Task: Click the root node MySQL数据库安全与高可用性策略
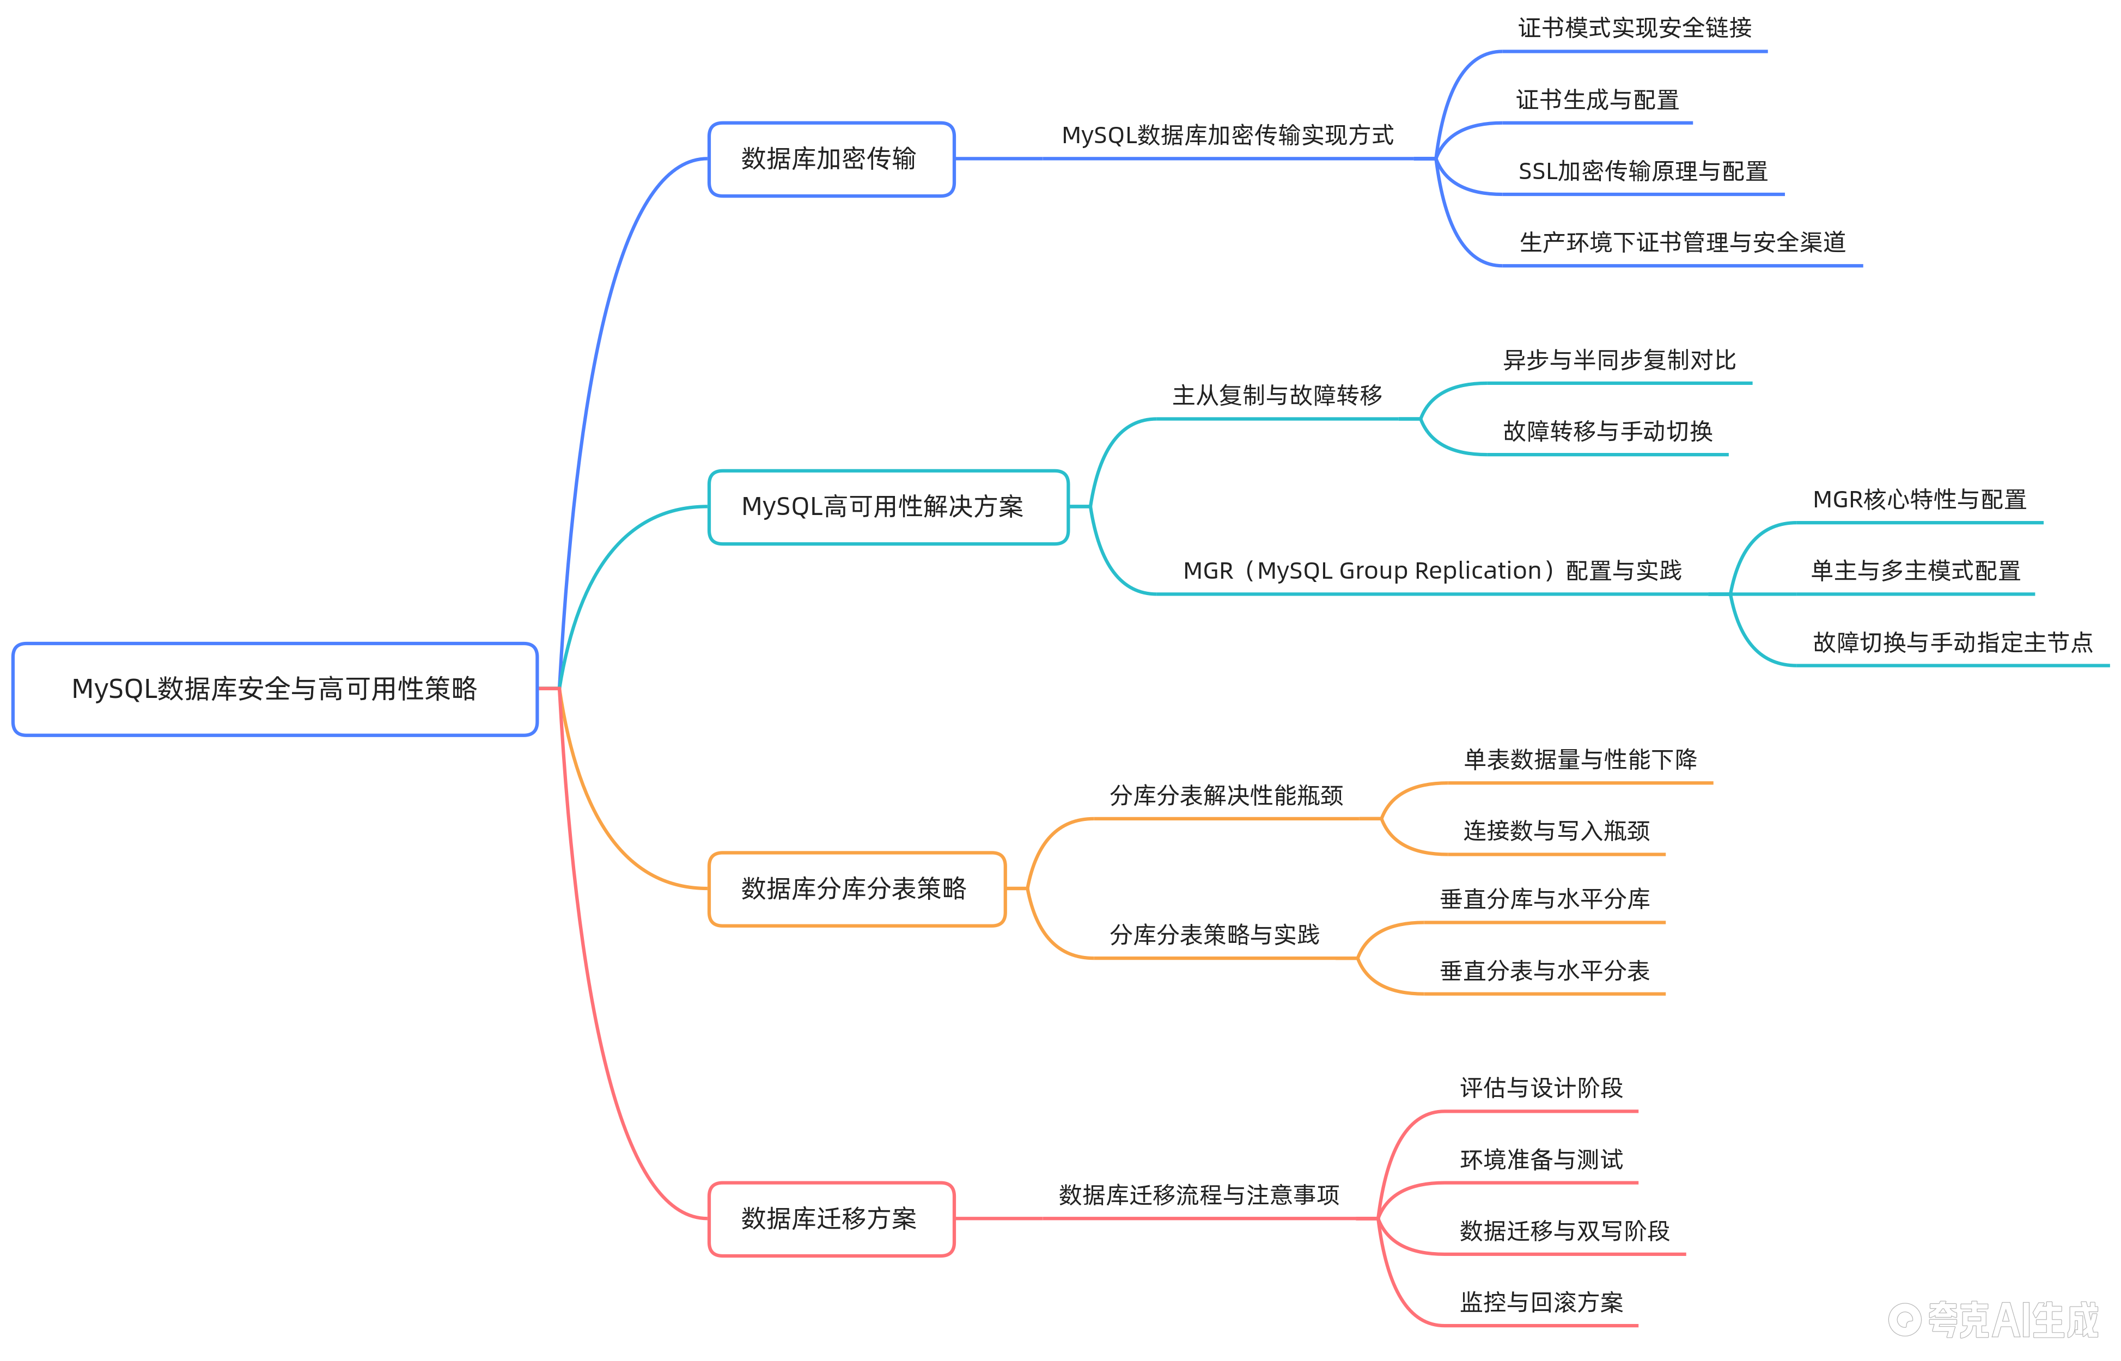pyautogui.click(x=275, y=689)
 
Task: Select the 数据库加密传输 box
pyautogui.click(x=831, y=159)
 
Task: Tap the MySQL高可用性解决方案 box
pyautogui.click(x=888, y=507)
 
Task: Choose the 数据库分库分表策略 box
pyautogui.click(x=857, y=889)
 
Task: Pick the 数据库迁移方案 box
pyautogui.click(x=831, y=1219)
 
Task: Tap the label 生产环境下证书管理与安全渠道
pyautogui.click(x=1683, y=242)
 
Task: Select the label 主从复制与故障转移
pyautogui.click(x=1277, y=395)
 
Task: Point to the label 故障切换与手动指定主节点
pyautogui.click(x=1953, y=642)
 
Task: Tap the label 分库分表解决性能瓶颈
pyautogui.click(x=1226, y=795)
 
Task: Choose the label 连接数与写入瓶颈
pyautogui.click(x=1556, y=831)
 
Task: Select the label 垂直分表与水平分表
pyautogui.click(x=1545, y=970)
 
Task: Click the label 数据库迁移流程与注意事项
pyautogui.click(x=1199, y=1195)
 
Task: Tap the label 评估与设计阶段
pyautogui.click(x=1541, y=1088)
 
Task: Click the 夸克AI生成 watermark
pyautogui.click(x=1994, y=1320)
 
